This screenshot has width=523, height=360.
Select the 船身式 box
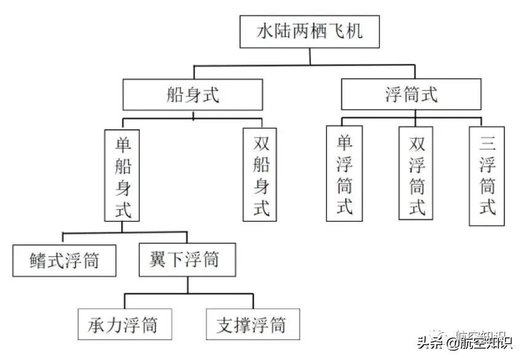(x=194, y=95)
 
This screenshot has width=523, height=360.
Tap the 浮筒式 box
(x=411, y=95)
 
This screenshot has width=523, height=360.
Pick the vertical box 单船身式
(x=123, y=175)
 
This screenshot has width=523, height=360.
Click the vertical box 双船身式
(x=260, y=175)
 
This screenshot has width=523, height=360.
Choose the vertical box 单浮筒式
(x=345, y=174)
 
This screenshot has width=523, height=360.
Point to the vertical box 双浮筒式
(x=416, y=174)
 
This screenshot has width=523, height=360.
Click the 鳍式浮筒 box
(x=65, y=260)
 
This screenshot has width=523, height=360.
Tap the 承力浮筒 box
(x=124, y=324)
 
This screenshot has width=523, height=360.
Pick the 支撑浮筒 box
(x=252, y=324)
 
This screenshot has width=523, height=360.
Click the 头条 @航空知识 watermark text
(x=465, y=342)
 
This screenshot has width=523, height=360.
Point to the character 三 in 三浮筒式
(x=487, y=145)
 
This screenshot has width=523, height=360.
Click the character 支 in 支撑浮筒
(x=225, y=324)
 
